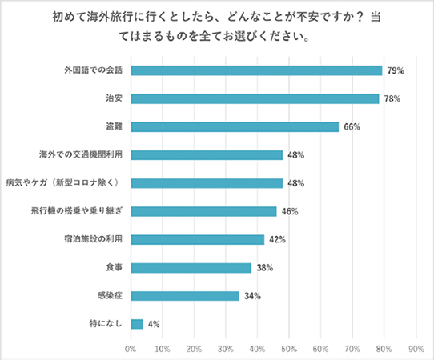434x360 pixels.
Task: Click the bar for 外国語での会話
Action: (x=256, y=70)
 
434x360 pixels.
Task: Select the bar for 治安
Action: (x=255, y=98)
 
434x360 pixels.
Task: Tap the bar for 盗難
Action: (x=235, y=126)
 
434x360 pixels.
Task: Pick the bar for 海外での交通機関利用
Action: (x=207, y=154)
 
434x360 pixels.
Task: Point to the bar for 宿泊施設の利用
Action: (x=197, y=239)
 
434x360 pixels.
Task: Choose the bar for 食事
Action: (x=191, y=267)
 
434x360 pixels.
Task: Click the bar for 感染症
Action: (x=185, y=296)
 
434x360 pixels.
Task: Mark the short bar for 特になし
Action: (x=137, y=324)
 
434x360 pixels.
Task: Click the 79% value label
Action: (x=395, y=70)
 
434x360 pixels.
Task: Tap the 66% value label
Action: (x=352, y=126)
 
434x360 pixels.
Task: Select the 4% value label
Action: (x=153, y=324)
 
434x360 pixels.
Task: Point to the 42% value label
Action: (x=277, y=239)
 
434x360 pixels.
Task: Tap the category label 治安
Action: (x=114, y=98)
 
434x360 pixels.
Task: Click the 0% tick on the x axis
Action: (x=131, y=349)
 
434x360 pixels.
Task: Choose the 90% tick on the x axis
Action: (x=416, y=349)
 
